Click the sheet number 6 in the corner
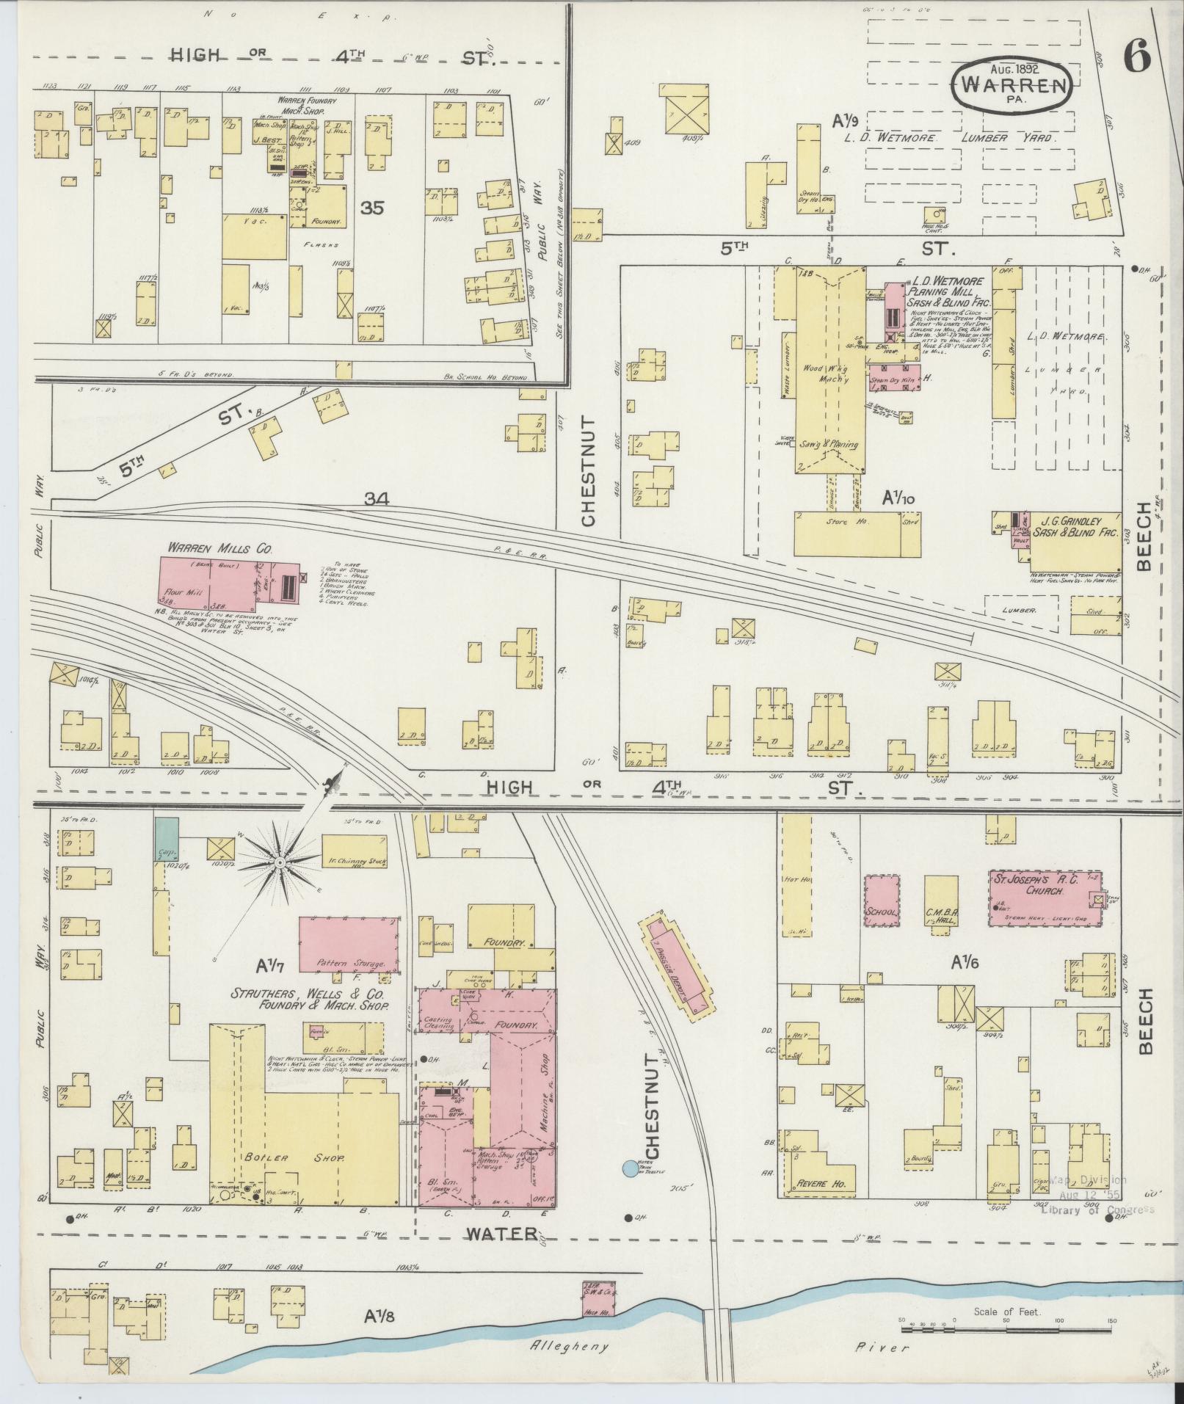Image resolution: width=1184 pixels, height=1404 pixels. [1136, 57]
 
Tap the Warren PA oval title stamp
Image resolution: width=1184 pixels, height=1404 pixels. [1014, 86]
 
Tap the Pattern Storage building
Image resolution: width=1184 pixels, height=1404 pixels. [349, 944]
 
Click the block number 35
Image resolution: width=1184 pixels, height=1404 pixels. [372, 208]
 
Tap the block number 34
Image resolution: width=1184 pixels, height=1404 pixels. [377, 499]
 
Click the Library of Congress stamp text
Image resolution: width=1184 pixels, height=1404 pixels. [1096, 1210]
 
